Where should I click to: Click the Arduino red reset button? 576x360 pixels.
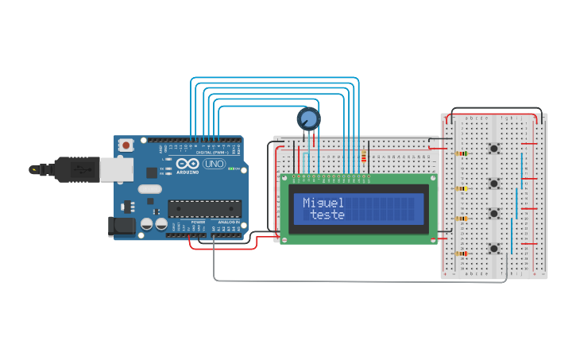[126, 145]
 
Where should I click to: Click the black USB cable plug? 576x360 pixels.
[39, 169]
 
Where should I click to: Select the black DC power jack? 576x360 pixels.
[121, 226]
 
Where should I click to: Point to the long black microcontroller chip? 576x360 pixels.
[203, 208]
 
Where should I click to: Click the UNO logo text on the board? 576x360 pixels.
[215, 164]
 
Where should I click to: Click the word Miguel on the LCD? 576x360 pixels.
[323, 203]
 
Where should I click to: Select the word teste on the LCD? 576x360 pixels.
[327, 215]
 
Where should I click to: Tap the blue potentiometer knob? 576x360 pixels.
[308, 119]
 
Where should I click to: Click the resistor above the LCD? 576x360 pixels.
[365, 157]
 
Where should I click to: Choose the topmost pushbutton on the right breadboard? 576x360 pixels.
[494, 149]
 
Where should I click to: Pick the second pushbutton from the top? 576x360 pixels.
[494, 183]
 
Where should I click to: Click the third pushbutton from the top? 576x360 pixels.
[494, 213]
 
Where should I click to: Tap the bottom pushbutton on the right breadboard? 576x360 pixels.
[494, 248]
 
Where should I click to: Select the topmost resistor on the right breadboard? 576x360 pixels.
[462, 153]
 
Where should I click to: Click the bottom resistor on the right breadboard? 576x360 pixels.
[462, 254]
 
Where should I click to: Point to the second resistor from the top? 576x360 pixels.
[462, 188]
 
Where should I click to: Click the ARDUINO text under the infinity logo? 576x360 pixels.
[187, 172]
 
